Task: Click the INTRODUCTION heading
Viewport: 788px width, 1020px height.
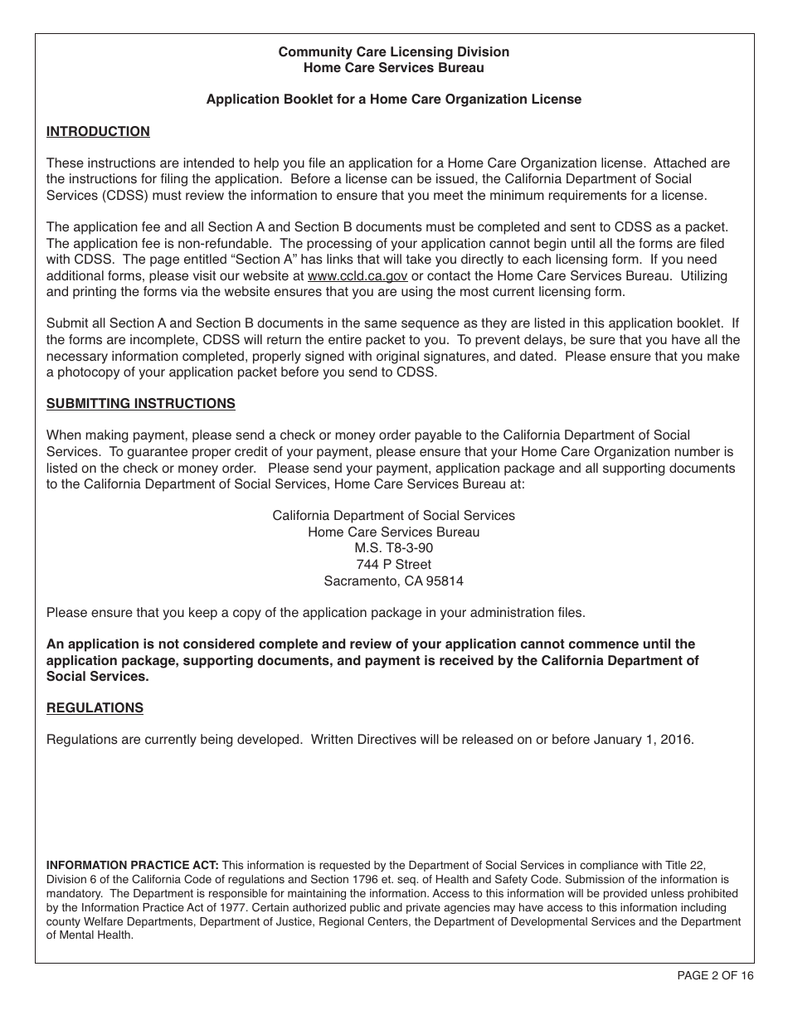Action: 98,131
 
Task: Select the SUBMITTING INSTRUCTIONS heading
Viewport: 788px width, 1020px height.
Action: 140,403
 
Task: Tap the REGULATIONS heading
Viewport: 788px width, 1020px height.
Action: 95,707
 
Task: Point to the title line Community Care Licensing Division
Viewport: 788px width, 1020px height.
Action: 393,51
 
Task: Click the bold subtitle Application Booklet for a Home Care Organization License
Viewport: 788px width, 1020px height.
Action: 393,99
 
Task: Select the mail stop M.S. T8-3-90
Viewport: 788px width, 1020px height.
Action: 393,547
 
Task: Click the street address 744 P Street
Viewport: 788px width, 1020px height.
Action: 393,564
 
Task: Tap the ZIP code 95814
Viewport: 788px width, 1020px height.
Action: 445,580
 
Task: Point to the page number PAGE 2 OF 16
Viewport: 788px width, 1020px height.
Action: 715,975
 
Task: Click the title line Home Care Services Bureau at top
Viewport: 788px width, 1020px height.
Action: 393,68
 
